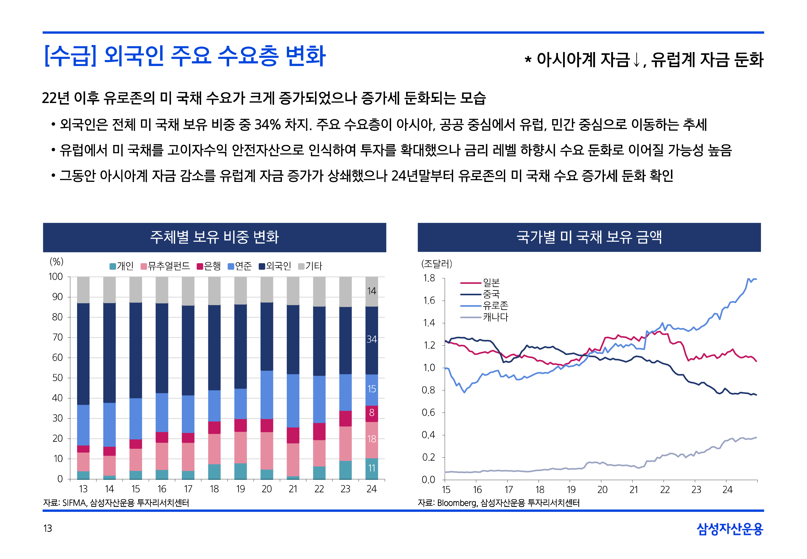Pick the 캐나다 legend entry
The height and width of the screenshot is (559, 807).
tap(495, 317)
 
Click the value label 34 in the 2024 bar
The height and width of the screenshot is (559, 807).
tap(371, 339)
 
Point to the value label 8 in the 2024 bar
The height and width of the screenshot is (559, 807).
tap(371, 413)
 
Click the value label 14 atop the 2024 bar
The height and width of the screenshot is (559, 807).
tap(371, 291)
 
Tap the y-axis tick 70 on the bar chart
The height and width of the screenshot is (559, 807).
tap(57, 337)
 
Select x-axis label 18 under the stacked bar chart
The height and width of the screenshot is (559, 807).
tap(214, 489)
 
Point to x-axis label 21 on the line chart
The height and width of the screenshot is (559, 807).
tap(633, 490)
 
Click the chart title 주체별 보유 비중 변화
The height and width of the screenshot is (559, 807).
tap(214, 237)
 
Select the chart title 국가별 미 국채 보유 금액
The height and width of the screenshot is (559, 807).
tap(589, 237)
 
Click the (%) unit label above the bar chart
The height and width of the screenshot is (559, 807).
tap(56, 262)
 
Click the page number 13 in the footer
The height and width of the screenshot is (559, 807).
tap(48, 528)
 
